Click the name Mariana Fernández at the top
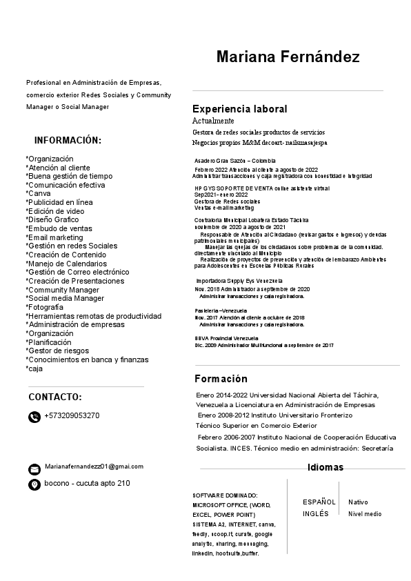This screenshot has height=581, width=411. pyautogui.click(x=287, y=57)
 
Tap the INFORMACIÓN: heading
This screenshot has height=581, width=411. pyautogui.click(x=68, y=140)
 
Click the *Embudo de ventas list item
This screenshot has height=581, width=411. pyautogui.click(x=59, y=228)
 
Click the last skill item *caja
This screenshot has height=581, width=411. pyautogui.click(x=34, y=368)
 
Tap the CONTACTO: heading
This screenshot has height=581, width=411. pyautogui.click(x=55, y=397)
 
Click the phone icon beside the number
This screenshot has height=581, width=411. pyautogui.click(x=34, y=417)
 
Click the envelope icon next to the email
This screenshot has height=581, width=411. pyautogui.click(x=34, y=469)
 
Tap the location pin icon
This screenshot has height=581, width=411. pyautogui.click(x=34, y=484)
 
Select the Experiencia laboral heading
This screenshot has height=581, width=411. pyautogui.click(x=239, y=109)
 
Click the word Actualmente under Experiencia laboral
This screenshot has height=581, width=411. pyautogui.click(x=213, y=121)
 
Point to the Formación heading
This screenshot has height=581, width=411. pyautogui.click(x=221, y=379)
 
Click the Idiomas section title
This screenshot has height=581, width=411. pyautogui.click(x=325, y=468)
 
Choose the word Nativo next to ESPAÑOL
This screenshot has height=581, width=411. pyautogui.click(x=358, y=502)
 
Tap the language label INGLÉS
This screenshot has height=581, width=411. pyautogui.click(x=316, y=514)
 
